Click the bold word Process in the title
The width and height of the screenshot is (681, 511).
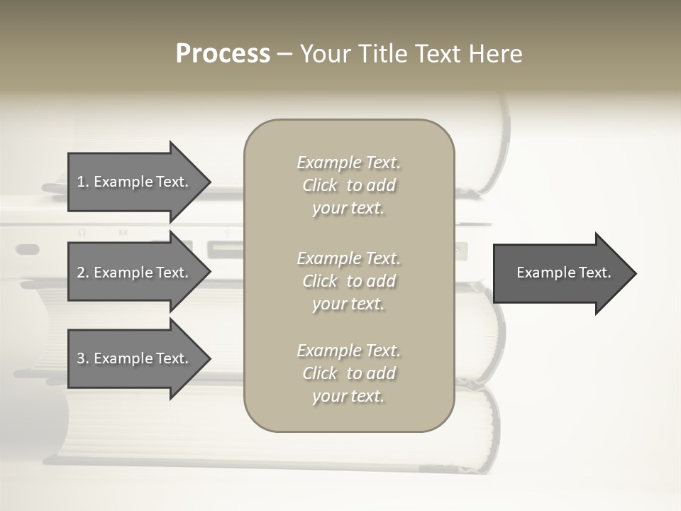pyautogui.click(x=223, y=54)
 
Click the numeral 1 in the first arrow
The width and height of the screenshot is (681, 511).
pyautogui.click(x=81, y=182)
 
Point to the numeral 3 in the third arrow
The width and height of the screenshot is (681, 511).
pyautogui.click(x=81, y=358)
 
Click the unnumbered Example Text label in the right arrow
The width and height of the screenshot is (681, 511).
pyautogui.click(x=563, y=273)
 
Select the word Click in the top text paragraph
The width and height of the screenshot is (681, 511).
pyautogui.click(x=320, y=185)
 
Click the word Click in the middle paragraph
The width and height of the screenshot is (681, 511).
pyautogui.click(x=320, y=281)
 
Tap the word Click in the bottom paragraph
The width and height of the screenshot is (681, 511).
pyautogui.click(x=320, y=373)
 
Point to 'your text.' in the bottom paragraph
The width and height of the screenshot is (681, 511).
pyautogui.click(x=348, y=396)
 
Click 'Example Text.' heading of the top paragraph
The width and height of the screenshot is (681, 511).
pyautogui.click(x=348, y=163)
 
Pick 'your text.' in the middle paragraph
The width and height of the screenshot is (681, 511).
pyautogui.click(x=348, y=304)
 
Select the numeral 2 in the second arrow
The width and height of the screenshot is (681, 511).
pyautogui.click(x=81, y=273)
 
